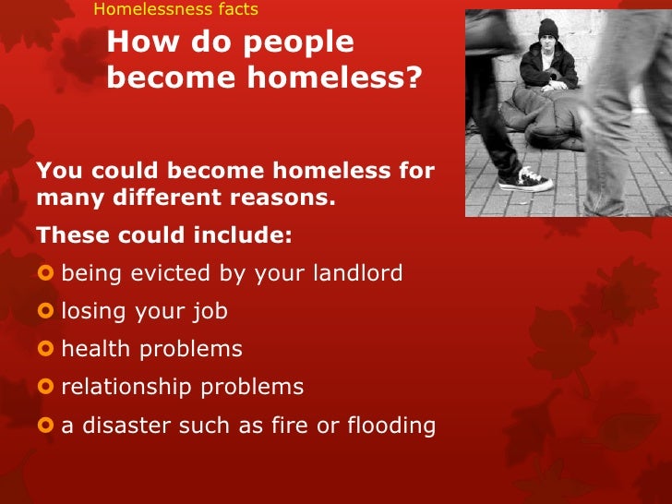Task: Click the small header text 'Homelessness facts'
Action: coord(176,10)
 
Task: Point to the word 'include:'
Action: coord(244,235)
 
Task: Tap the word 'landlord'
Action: coord(357,273)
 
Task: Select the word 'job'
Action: coord(209,312)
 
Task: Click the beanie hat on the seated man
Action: coord(549,27)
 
